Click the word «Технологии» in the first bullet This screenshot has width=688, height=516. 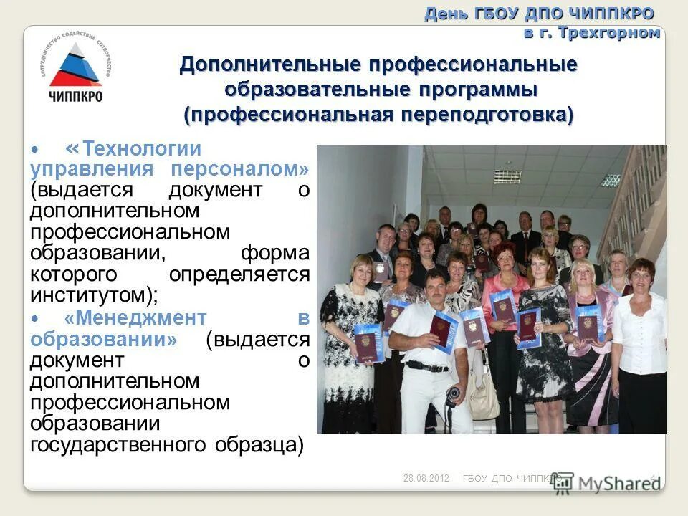pyautogui.click(x=142, y=150)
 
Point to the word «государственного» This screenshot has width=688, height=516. pyautogui.click(x=119, y=444)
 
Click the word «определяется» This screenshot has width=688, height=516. pyautogui.click(x=239, y=274)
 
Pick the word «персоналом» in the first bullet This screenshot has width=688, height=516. pyautogui.click(x=239, y=170)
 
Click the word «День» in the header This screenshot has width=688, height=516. pyautogui.click(x=445, y=14)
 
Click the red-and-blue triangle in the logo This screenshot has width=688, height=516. pyautogui.click(x=75, y=66)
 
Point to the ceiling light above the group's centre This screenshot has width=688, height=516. pyautogui.click(x=610, y=179)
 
